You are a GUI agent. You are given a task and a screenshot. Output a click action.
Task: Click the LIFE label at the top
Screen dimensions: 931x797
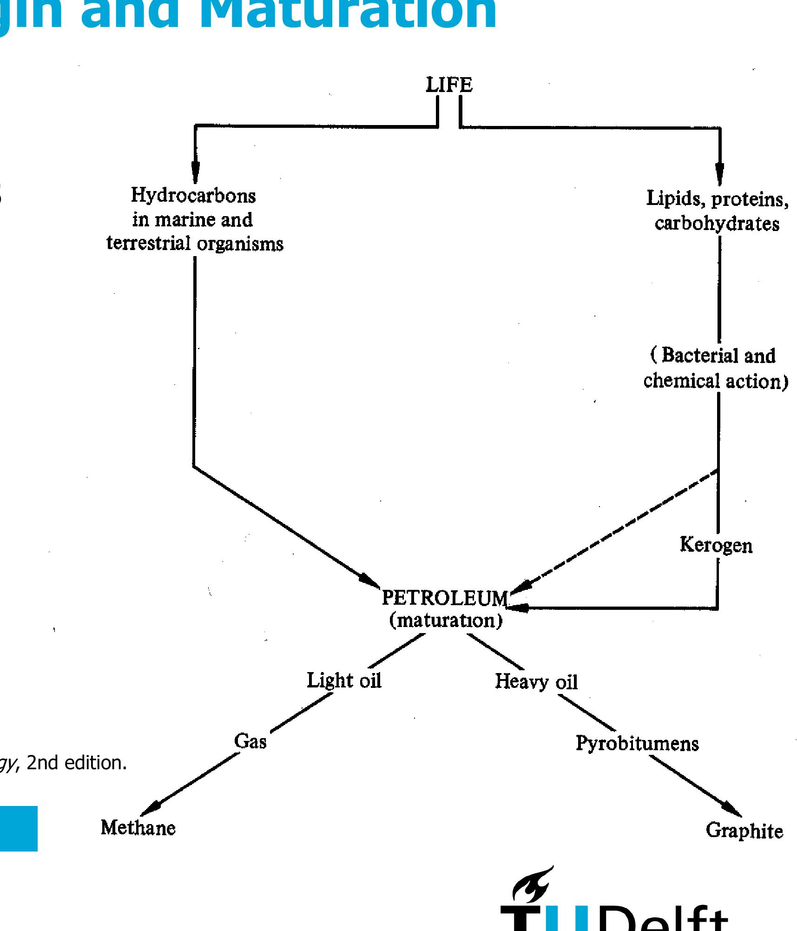click(x=449, y=85)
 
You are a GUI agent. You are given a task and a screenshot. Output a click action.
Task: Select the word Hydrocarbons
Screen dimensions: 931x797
click(x=193, y=195)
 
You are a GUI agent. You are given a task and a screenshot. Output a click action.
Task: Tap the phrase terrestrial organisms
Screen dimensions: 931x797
click(x=195, y=244)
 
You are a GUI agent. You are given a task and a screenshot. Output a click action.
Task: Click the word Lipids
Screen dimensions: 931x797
click(x=676, y=199)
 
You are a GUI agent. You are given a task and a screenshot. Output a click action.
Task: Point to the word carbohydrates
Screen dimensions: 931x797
click(x=717, y=224)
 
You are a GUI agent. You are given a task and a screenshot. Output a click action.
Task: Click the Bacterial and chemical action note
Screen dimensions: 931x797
click(x=716, y=368)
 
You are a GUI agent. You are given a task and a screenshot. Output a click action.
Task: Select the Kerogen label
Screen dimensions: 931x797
click(x=716, y=545)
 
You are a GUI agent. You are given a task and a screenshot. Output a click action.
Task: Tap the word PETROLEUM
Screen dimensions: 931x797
click(x=445, y=598)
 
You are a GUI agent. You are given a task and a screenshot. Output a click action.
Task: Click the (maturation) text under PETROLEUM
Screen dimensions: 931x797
click(x=446, y=621)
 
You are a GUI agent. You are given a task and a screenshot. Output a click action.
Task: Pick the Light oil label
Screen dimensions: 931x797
click(x=344, y=681)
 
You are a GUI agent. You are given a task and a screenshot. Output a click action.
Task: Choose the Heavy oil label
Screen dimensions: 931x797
click(x=536, y=682)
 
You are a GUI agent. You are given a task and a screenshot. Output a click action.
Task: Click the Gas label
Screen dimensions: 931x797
click(x=250, y=741)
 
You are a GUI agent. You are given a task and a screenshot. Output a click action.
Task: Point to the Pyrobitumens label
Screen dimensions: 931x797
click(x=637, y=743)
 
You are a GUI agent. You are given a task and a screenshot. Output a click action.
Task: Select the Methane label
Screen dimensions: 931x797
click(x=138, y=828)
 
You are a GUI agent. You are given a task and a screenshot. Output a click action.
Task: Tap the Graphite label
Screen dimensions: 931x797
click(x=744, y=831)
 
